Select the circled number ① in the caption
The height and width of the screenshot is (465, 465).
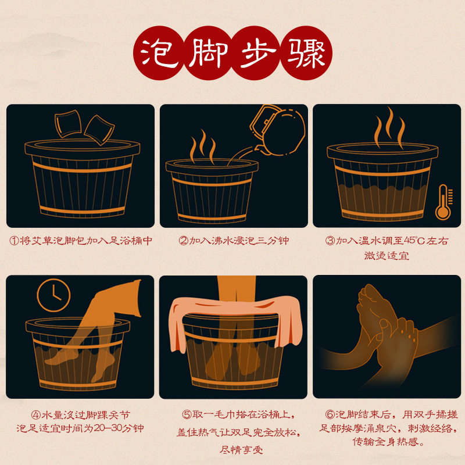pos(12,240)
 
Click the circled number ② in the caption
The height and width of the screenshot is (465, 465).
pos(183,240)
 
